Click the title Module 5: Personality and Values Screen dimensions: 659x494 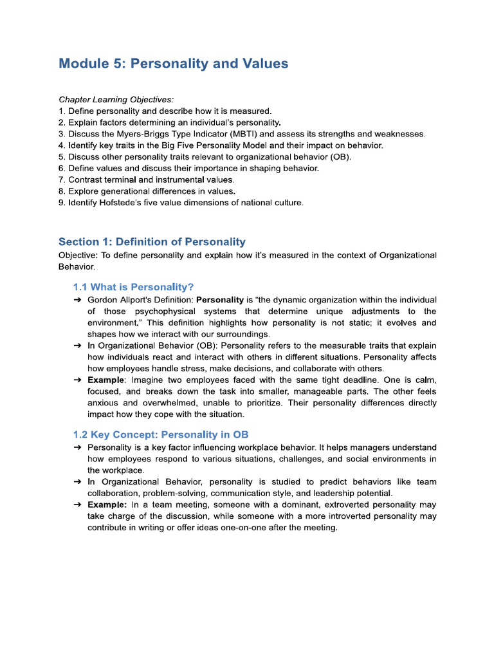[x=173, y=64]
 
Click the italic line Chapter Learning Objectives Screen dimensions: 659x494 [x=116, y=100]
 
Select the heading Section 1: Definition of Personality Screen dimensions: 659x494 [x=152, y=242]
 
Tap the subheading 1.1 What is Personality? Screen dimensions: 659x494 [x=133, y=287]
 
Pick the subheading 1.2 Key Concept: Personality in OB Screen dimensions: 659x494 [x=161, y=434]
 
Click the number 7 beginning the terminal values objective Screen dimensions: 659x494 [x=61, y=180]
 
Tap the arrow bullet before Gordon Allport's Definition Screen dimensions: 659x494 [x=77, y=300]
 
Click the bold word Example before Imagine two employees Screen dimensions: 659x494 [x=105, y=380]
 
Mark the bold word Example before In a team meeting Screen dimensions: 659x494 [x=106, y=505]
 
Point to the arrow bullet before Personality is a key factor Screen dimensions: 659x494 [x=77, y=447]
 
